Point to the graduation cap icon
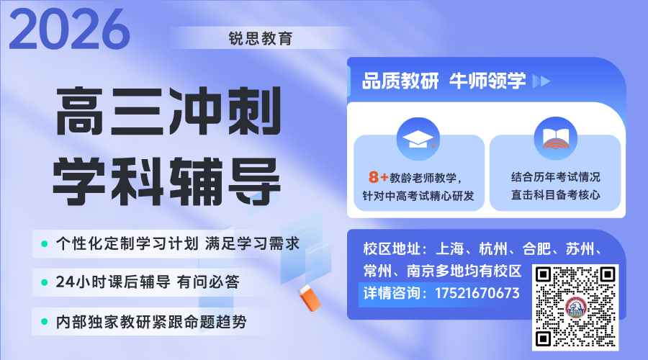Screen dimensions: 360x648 point(419,138)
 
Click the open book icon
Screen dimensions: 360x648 point(555,138)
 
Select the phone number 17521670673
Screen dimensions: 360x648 point(477,293)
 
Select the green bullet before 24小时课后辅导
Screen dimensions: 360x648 point(44,282)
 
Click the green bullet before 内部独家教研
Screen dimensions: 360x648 point(44,321)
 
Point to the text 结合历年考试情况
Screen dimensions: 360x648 point(555,177)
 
